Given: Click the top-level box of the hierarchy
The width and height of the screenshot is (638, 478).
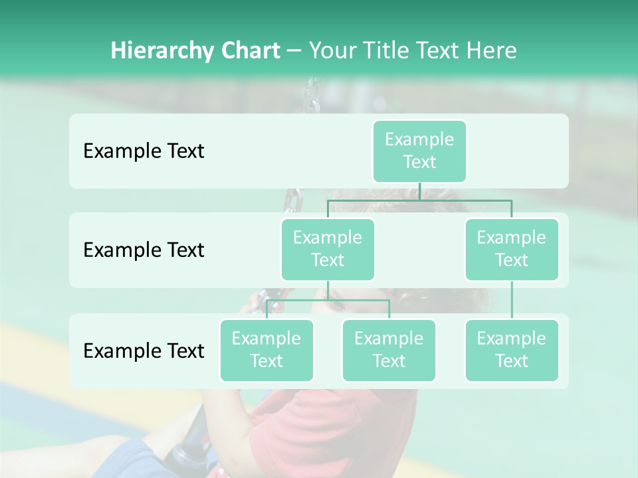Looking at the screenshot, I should point(419,151).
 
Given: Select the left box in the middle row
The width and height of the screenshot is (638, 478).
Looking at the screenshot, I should point(328,249).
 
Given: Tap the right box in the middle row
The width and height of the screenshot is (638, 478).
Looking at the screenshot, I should point(512,249).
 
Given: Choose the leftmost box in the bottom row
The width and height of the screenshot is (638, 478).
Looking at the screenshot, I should point(266,350).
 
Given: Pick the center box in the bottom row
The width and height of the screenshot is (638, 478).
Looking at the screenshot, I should point(389,350).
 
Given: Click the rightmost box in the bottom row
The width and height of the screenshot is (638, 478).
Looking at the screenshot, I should point(512,350).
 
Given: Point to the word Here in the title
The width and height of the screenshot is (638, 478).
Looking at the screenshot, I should point(492,51).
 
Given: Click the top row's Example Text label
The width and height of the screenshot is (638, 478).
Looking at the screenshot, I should point(144,151).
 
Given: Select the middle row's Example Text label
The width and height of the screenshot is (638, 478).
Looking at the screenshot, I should point(144,250).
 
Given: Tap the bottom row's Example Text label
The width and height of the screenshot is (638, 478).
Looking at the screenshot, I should point(144,351).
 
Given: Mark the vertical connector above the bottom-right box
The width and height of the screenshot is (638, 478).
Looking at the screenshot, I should point(512,300).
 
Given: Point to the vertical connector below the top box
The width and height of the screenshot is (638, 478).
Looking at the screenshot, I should point(419,191).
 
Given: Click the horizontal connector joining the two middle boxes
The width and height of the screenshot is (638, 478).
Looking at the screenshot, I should point(419,200).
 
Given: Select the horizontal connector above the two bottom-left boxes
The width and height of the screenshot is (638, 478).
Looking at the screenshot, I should point(328,300).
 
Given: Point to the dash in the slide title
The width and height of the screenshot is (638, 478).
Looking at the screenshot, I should point(294,51).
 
